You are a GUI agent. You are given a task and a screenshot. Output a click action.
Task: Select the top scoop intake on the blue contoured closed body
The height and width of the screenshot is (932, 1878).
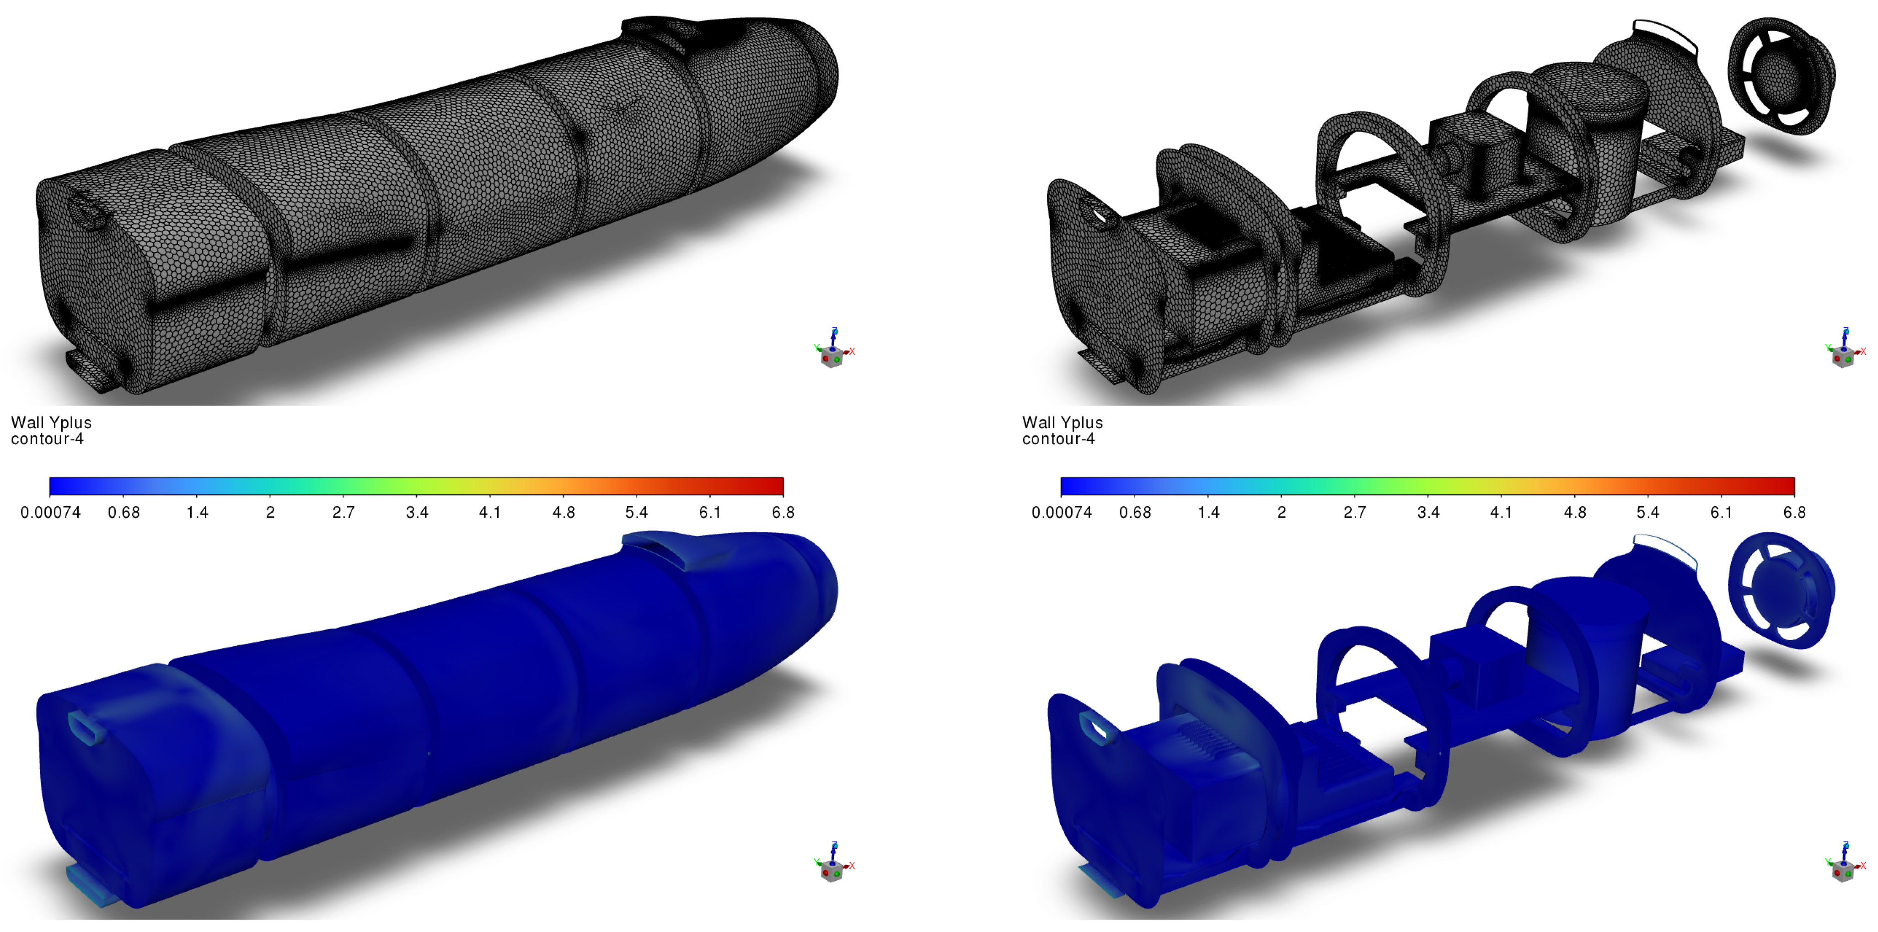tap(656, 548)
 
